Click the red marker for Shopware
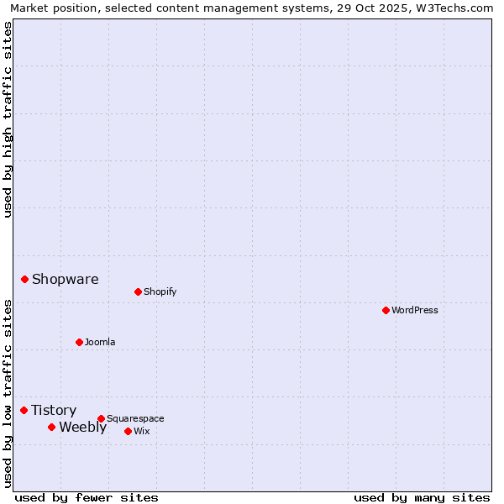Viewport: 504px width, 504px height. pos(25,279)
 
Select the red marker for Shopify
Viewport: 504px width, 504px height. pos(138,291)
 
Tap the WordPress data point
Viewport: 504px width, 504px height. pos(386,310)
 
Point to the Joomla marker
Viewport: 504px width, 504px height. pos(79,342)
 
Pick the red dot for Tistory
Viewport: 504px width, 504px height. pos(24,410)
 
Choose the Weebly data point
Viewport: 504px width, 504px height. pos(51,427)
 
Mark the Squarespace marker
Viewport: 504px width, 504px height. pos(101,418)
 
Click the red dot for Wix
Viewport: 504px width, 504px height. pos(128,431)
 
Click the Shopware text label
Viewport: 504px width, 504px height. pos(66,280)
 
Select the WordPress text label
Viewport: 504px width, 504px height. pos(415,310)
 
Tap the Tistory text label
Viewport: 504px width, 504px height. pos(54,411)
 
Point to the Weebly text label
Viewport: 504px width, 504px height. pos(83,428)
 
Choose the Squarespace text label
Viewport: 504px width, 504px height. pos(135,418)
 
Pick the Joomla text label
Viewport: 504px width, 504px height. pos(100,342)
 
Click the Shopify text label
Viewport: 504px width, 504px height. pos(160,291)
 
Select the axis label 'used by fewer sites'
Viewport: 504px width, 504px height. pos(87,498)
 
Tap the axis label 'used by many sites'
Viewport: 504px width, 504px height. pos(422,498)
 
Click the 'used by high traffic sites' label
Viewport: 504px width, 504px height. pos(8,119)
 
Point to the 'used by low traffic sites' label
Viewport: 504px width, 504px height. pos(8,392)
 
